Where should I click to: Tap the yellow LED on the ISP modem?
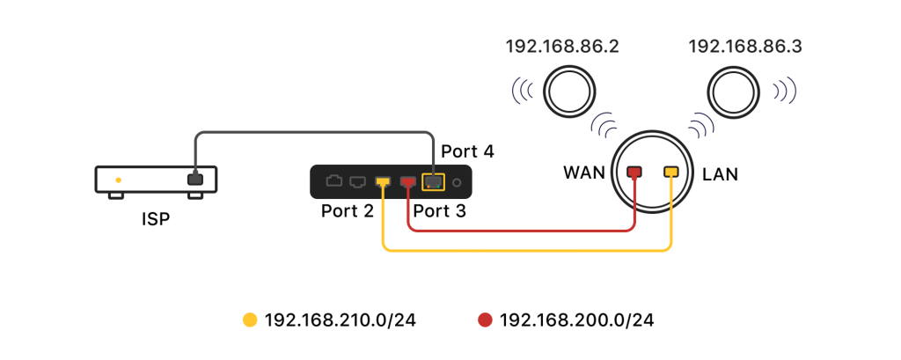tap(118, 180)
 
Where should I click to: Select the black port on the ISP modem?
tap(194, 180)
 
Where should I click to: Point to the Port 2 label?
tap(348, 211)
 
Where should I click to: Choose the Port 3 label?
tap(440, 211)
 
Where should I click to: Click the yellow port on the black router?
tap(383, 182)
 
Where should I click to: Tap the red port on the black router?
tap(408, 182)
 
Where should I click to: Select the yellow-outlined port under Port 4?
tap(434, 182)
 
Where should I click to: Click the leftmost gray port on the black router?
tap(333, 182)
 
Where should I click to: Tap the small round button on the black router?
tap(458, 182)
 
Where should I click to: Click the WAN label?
tap(584, 173)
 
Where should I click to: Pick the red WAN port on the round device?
tap(634, 172)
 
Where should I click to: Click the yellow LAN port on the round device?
tap(671, 172)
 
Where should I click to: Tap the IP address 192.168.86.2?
tap(562, 47)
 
